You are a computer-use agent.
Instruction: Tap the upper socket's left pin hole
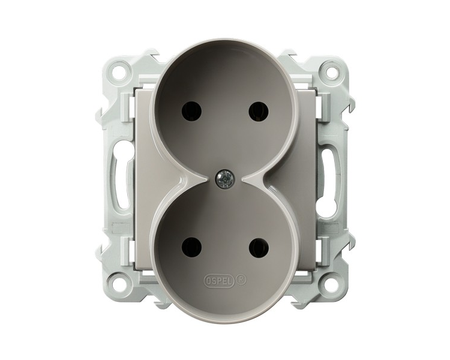point(192,112)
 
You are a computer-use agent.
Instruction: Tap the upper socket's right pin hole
point(257,112)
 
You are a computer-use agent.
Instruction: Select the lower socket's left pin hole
point(192,248)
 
